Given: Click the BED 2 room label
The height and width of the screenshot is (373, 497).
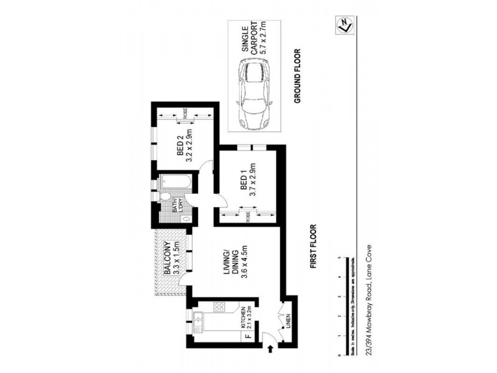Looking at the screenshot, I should tap(185, 148).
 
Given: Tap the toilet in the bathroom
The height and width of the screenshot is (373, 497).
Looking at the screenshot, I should tap(165, 198).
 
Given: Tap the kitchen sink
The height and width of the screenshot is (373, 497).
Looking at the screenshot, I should tap(199, 321).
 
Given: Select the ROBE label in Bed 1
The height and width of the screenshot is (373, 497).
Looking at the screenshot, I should tap(248, 218).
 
